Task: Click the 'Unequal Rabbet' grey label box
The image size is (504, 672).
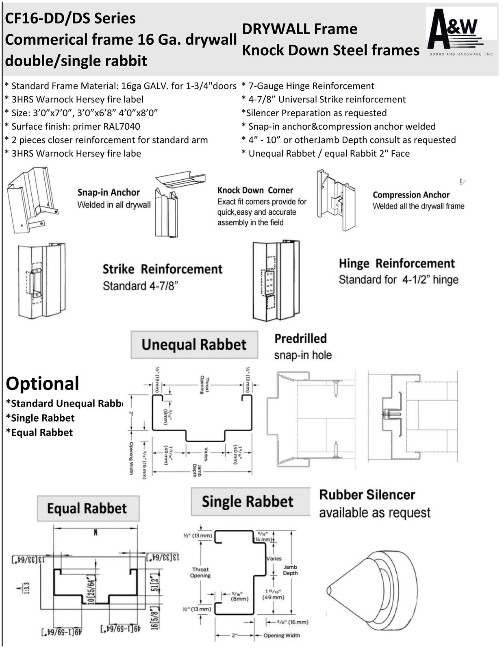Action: [194, 345]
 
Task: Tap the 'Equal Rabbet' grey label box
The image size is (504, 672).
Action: [88, 508]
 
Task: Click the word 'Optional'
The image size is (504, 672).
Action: [42, 383]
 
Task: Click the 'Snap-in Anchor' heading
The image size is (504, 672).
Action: [109, 192]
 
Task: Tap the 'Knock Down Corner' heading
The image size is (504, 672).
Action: [255, 190]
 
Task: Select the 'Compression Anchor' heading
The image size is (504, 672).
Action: [411, 195]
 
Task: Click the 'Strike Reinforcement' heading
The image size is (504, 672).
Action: [162, 269]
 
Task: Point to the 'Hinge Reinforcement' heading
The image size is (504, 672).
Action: [397, 263]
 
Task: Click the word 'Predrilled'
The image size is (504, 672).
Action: [300, 338]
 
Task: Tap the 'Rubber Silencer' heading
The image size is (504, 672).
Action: [367, 495]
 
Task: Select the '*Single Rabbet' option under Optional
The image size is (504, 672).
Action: [40, 418]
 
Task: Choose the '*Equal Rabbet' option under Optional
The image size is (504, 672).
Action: [39, 433]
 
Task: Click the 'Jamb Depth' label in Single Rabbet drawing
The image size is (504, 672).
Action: [290, 570]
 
